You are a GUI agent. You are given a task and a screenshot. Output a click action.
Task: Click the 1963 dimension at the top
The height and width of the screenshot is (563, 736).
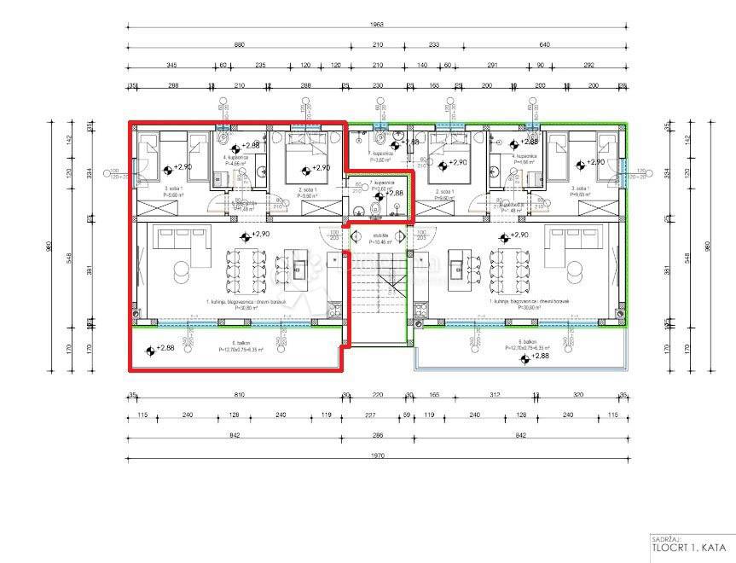378,25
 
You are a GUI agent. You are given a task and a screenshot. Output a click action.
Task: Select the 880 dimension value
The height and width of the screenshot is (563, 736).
239,44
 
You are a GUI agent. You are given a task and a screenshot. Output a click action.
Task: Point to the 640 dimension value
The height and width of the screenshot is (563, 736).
545,44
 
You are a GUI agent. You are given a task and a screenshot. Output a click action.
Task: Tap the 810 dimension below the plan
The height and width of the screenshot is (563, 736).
239,395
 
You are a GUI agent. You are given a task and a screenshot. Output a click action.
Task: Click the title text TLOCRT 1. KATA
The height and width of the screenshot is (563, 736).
689,548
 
